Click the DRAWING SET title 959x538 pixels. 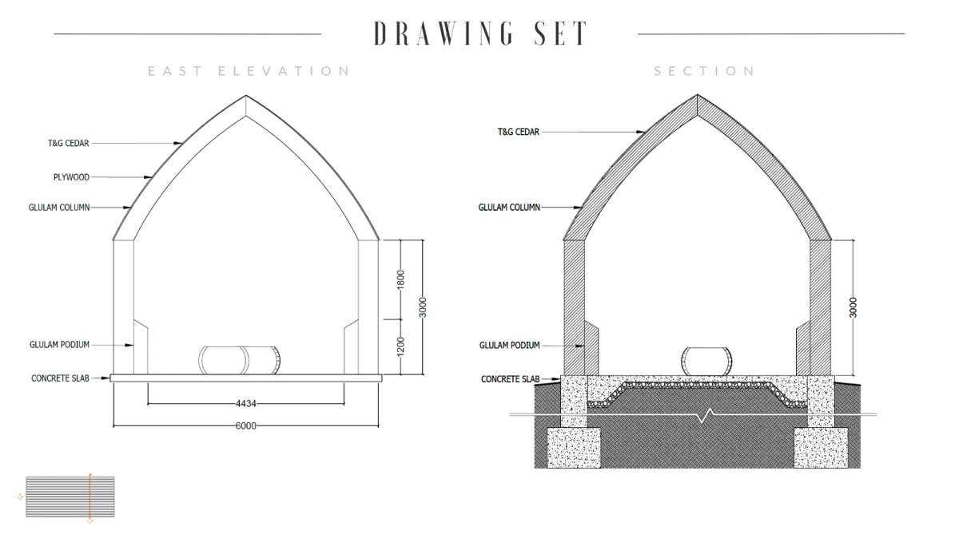pyautogui.click(x=481, y=33)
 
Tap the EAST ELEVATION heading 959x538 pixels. pyautogui.click(x=249, y=71)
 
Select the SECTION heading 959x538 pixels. pyautogui.click(x=704, y=71)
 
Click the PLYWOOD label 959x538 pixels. pyautogui.click(x=71, y=177)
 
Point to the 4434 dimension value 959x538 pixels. pyautogui.click(x=246, y=403)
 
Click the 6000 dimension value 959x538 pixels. pyautogui.click(x=246, y=425)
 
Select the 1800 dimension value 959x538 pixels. pyautogui.click(x=400, y=279)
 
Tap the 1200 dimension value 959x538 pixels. pyautogui.click(x=400, y=347)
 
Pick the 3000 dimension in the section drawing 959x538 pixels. pyautogui.click(x=853, y=307)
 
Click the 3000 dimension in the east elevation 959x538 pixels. pyautogui.click(x=423, y=307)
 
